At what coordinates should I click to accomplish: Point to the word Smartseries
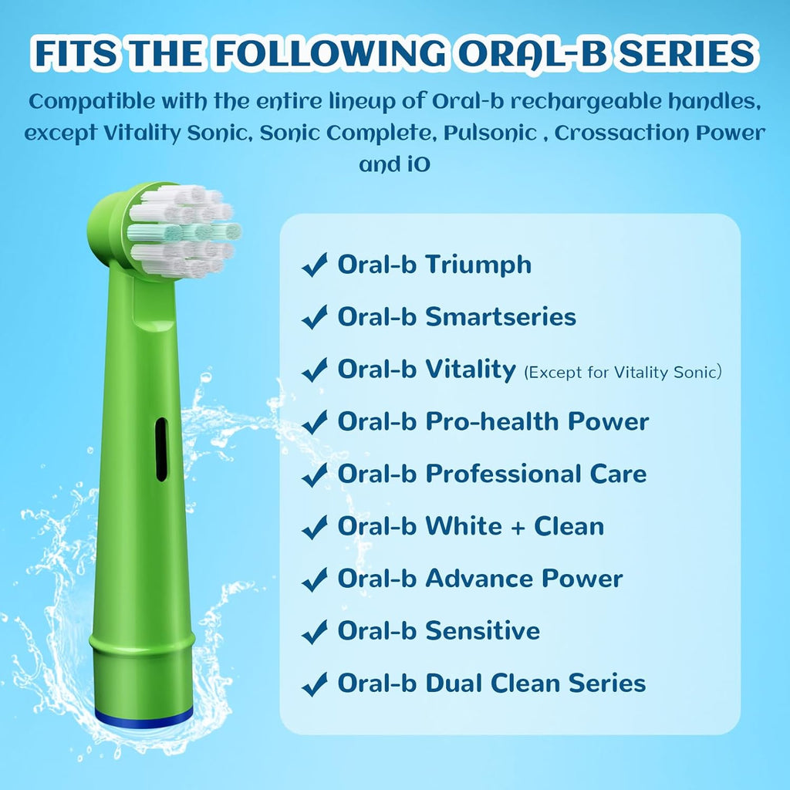click(x=501, y=316)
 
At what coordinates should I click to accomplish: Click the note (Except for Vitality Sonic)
click(x=623, y=372)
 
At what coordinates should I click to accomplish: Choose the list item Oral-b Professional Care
click(x=491, y=474)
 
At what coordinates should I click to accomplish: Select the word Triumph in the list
click(x=478, y=265)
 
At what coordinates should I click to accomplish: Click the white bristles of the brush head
click(x=184, y=229)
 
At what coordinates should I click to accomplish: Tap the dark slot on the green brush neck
click(x=160, y=449)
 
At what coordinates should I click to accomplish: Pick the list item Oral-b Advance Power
click(x=479, y=579)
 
